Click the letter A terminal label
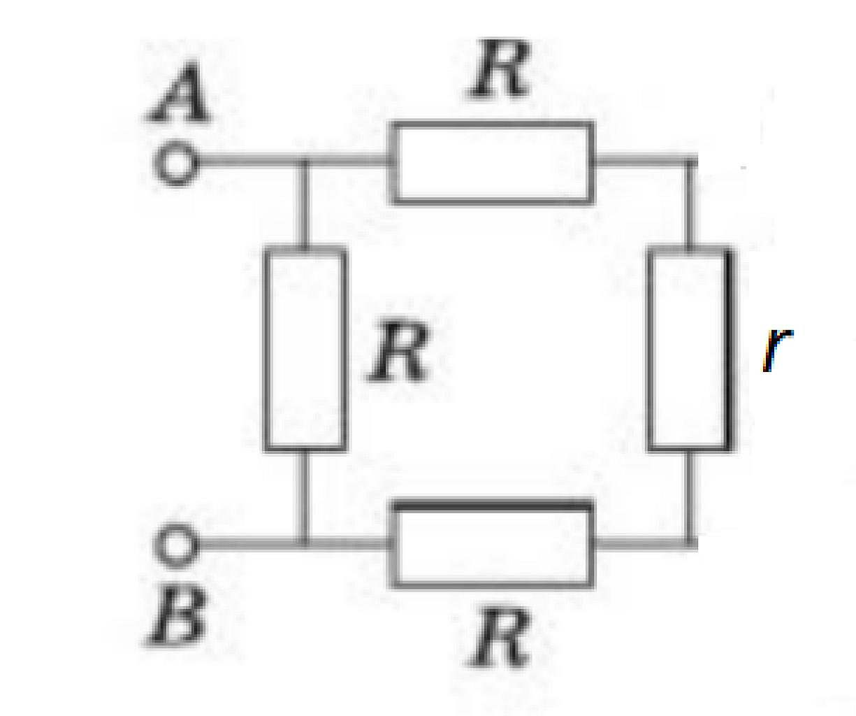179,93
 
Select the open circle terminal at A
176,164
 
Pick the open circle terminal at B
176,545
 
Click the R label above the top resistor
500,69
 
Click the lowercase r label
778,351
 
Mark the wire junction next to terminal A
304,162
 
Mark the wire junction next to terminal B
304,544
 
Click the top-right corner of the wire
691,162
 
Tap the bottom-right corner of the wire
691,544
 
